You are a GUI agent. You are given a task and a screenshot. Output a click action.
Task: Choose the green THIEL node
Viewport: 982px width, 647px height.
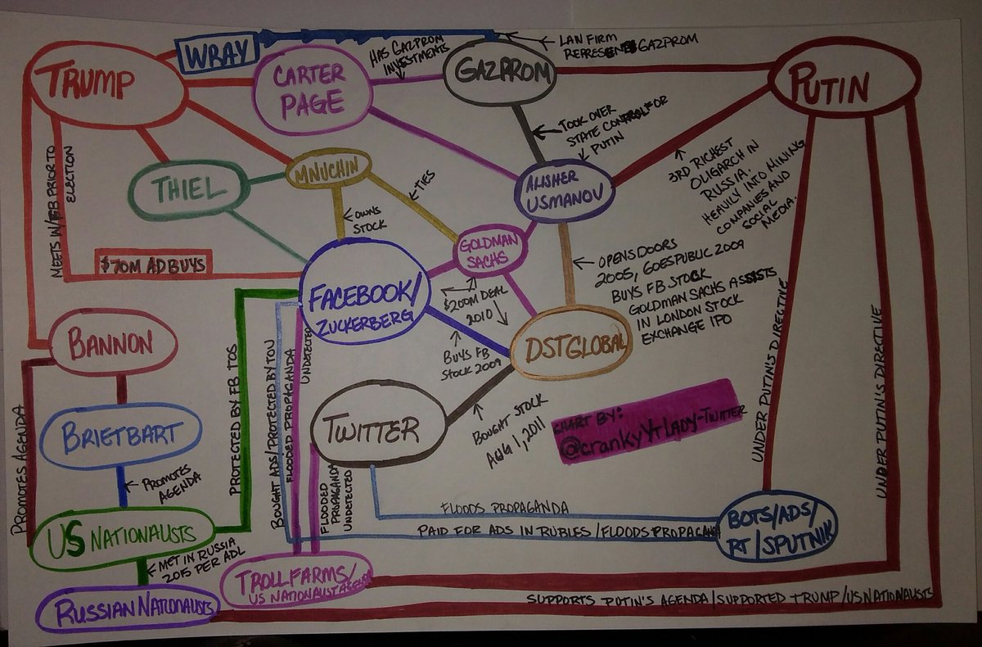tap(189, 191)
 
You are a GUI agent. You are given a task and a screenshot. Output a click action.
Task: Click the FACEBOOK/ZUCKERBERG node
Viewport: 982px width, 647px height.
tap(363, 291)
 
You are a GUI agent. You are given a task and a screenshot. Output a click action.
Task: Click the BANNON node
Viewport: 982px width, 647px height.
tap(112, 342)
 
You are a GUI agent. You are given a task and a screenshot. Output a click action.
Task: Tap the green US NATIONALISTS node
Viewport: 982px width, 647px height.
tap(121, 537)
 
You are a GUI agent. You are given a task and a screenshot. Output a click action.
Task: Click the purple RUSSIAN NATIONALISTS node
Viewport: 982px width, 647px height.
tap(129, 609)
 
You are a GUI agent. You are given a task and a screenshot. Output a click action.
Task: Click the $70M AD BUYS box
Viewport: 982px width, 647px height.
tap(153, 263)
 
